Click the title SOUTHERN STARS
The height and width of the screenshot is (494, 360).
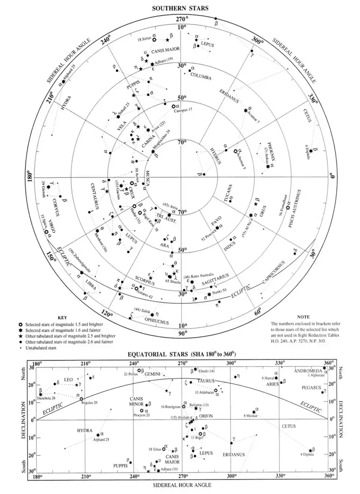180,8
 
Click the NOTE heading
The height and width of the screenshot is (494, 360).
303,317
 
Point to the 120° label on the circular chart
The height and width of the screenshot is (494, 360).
107,314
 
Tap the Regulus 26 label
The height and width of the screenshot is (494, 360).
89,403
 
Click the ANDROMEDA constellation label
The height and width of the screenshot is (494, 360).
308,371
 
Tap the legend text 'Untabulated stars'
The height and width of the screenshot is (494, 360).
40,348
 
